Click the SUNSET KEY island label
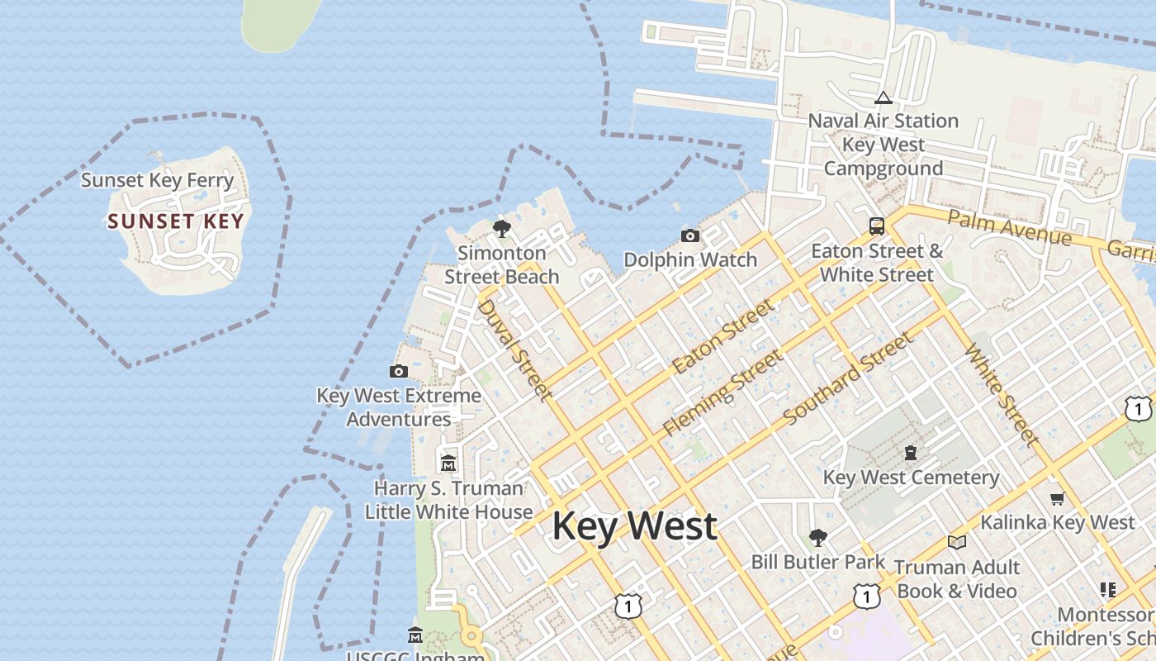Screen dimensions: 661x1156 [176, 221]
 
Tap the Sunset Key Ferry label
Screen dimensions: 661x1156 [158, 180]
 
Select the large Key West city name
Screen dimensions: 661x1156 [634, 526]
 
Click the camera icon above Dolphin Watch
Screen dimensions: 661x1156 [690, 236]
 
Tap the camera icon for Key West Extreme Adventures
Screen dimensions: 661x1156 [399, 372]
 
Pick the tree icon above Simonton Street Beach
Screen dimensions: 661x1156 [501, 229]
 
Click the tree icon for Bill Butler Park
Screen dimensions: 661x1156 [817, 538]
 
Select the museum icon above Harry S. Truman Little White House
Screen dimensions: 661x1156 [448, 463]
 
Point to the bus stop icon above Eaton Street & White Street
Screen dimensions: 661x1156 [877, 226]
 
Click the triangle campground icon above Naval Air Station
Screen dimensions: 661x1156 [884, 97]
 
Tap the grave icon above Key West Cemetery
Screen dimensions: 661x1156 [911, 453]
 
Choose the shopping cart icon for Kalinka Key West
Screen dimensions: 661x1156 [1057, 498]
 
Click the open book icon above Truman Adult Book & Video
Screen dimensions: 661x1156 [957, 542]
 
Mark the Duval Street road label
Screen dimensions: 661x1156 [515, 350]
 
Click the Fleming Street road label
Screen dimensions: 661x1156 [722, 393]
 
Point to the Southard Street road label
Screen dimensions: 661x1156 [849, 378]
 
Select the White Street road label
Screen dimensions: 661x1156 [1001, 395]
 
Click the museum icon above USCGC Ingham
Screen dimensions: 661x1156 [415, 635]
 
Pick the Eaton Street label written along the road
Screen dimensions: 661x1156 [724, 336]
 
